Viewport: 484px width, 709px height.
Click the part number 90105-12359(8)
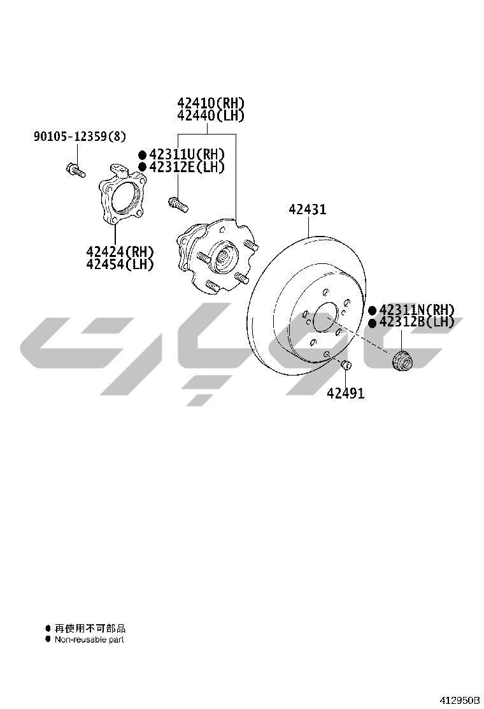coord(80,136)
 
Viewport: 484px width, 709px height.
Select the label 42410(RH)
coord(211,103)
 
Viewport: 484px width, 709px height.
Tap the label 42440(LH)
coord(211,116)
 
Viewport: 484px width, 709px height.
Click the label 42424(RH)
coord(120,251)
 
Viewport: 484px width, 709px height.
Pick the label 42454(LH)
coord(120,264)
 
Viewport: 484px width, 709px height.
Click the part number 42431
coord(308,209)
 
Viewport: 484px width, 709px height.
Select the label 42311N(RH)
coord(417,310)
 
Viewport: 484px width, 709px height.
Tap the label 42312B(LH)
coord(417,322)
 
